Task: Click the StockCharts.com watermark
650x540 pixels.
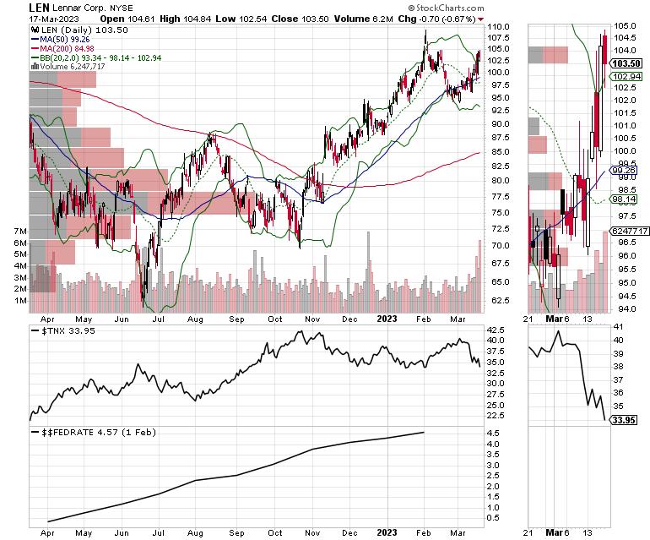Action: tap(445, 8)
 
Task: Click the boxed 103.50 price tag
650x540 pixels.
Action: tap(623, 63)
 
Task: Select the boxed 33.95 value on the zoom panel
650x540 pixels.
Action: tap(622, 419)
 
